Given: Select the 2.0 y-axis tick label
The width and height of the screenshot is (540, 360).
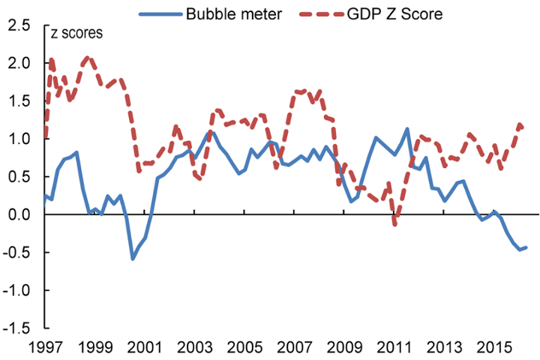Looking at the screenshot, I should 20,64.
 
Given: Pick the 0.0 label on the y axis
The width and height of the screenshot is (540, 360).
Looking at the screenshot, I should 20,215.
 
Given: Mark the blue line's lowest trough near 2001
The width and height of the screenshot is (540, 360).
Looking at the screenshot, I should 133,259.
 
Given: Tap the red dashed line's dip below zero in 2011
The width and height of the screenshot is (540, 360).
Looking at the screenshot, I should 395,223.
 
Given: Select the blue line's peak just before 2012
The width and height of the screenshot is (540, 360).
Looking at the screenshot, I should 407,129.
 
